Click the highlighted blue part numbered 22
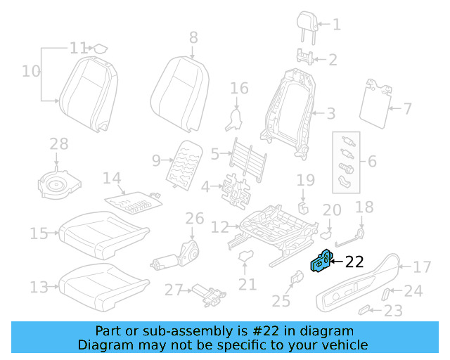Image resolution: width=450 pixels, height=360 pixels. pos(321,263)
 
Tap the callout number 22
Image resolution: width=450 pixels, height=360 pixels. pos(354,262)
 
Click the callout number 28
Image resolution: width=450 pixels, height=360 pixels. pos(59,144)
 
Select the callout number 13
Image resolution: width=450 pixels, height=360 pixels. pos(40,287)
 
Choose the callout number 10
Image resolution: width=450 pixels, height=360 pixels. pos(31,71)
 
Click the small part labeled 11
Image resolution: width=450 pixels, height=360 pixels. pos(101,49)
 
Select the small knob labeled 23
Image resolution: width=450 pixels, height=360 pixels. pos(365,309)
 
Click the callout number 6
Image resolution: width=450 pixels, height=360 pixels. pos(372,161)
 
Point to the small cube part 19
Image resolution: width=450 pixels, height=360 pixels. pos(304,207)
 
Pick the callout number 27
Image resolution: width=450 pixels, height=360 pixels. pos(174,290)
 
